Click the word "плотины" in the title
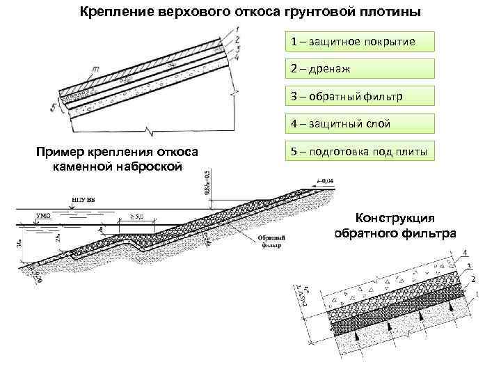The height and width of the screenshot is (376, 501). [387, 13]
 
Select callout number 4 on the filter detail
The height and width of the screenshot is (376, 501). [464, 252]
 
